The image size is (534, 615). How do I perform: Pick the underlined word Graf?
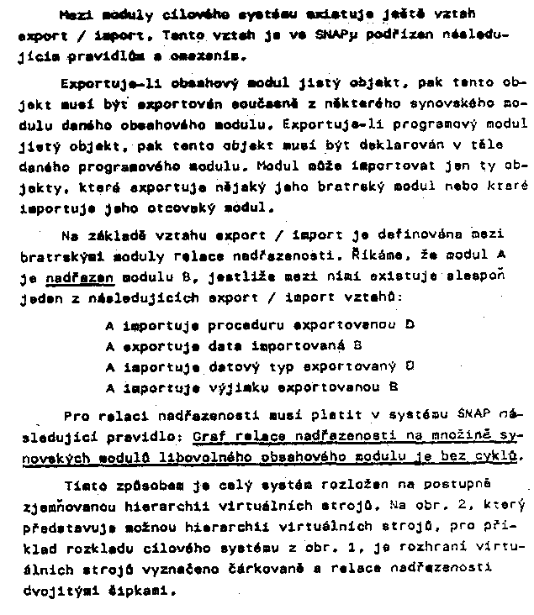pyautogui.click(x=209, y=436)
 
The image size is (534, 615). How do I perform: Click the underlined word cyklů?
pyautogui.click(x=495, y=457)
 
